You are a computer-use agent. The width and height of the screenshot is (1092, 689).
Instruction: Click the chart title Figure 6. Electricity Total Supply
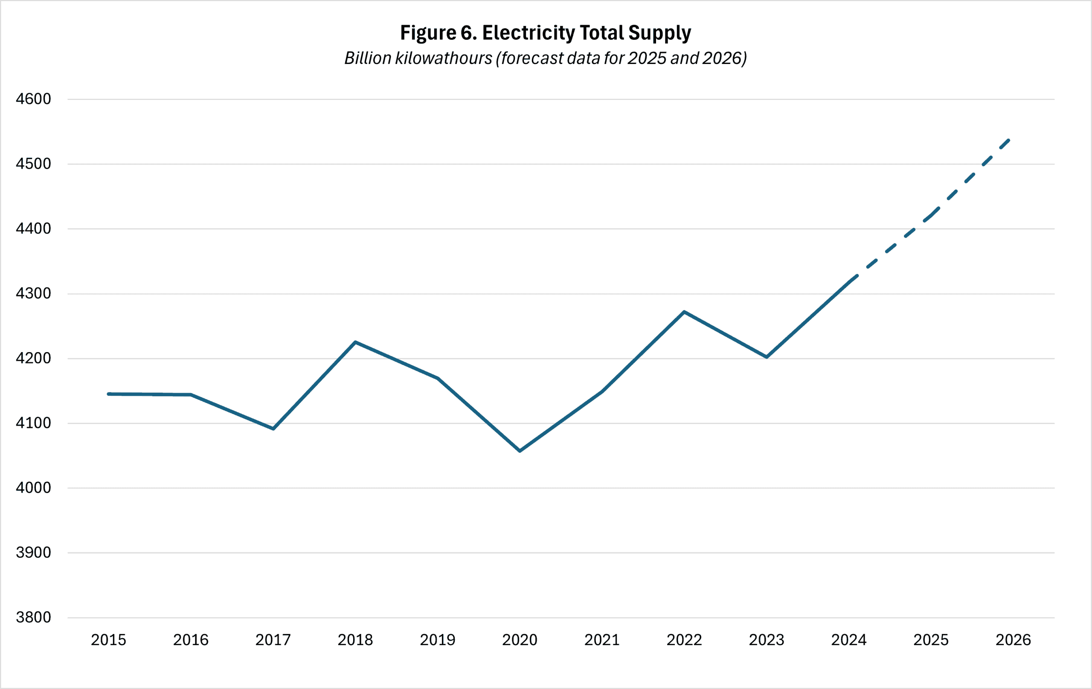click(546, 33)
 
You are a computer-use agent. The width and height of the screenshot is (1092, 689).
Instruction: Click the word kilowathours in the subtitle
click(444, 58)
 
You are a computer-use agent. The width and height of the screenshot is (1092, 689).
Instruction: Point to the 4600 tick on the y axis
click(33, 99)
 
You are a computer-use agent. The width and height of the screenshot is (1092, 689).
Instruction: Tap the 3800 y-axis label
click(33, 617)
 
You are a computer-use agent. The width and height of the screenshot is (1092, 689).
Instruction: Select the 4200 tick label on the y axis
click(33, 358)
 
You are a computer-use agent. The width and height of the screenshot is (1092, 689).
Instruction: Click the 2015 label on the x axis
click(108, 640)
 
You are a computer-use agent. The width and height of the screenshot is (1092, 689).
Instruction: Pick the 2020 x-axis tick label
click(520, 640)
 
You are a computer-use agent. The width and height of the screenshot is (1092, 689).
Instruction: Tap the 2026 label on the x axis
click(1013, 640)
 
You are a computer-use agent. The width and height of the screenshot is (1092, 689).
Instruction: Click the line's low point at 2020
click(520, 451)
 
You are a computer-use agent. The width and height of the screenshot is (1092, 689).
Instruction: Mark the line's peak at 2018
click(355, 342)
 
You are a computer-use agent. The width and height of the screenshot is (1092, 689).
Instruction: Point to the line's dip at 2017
click(273, 429)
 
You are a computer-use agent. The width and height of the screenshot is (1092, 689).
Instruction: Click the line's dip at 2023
click(767, 357)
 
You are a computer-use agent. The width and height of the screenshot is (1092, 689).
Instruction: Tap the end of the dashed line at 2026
click(1008, 140)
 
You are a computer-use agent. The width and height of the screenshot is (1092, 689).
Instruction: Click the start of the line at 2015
click(109, 394)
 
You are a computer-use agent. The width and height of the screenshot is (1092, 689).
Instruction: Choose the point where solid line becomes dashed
click(850, 281)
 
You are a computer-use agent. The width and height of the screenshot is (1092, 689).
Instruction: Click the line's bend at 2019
click(438, 378)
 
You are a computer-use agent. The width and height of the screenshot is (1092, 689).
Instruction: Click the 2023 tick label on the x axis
click(767, 640)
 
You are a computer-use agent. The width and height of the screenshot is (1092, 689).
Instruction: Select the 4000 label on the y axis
click(33, 488)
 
